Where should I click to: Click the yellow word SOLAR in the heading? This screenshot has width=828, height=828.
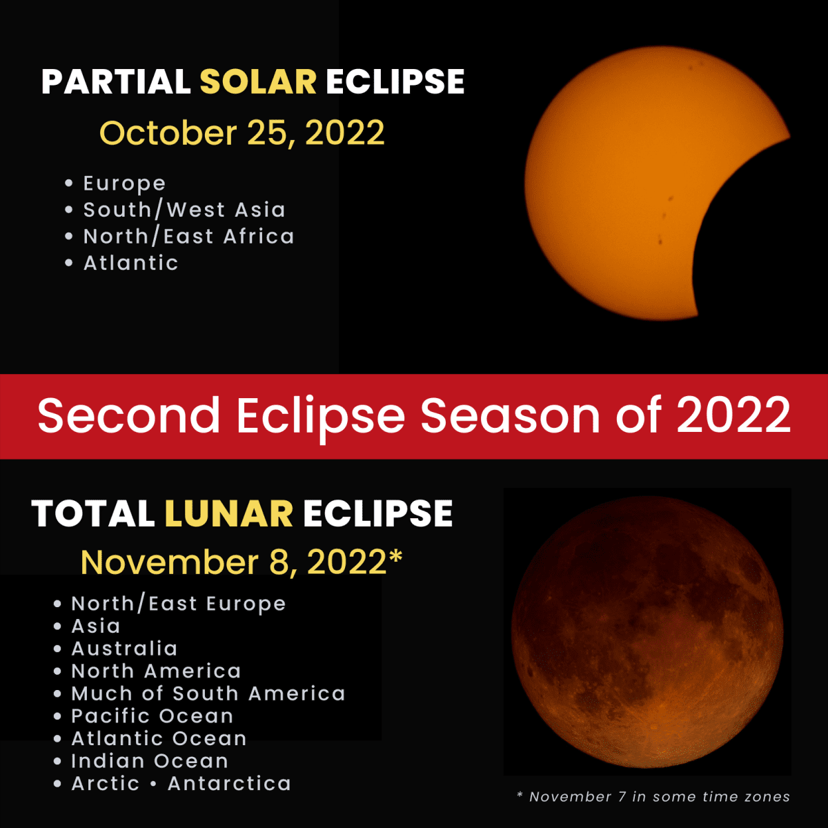click(x=258, y=82)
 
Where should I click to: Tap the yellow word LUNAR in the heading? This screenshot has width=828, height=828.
click(x=228, y=514)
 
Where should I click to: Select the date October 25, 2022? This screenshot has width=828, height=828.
click(x=242, y=133)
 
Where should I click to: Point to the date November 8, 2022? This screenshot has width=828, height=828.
click(x=241, y=562)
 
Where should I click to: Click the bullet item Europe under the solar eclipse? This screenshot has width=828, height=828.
click(x=124, y=184)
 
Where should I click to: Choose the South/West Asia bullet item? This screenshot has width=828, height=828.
click(x=184, y=210)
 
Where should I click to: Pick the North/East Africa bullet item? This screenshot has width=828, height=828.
click(x=188, y=237)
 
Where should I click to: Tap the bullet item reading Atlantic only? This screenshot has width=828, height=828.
click(x=130, y=263)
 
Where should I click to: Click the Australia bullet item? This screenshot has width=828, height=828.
click(x=124, y=649)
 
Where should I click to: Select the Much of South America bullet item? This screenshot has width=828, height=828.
click(x=208, y=693)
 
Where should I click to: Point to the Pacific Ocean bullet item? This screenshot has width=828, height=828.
click(x=152, y=716)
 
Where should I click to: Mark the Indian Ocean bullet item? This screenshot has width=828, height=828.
click(x=149, y=761)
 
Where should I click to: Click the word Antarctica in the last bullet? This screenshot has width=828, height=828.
click(x=229, y=784)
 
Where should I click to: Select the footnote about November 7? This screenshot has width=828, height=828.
click(x=653, y=797)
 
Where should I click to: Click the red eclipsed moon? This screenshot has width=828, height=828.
click(x=647, y=631)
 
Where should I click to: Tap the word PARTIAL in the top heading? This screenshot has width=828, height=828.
click(x=116, y=82)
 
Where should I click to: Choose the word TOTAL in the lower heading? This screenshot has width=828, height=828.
click(x=92, y=514)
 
